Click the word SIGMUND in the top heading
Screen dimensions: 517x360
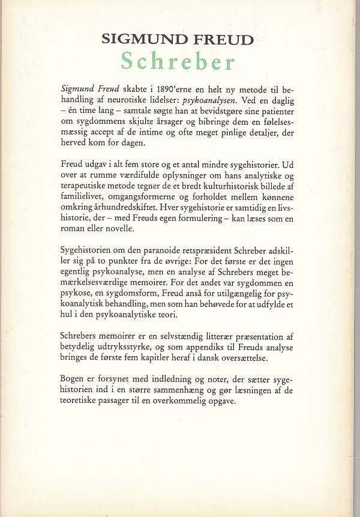coord(140,41)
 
